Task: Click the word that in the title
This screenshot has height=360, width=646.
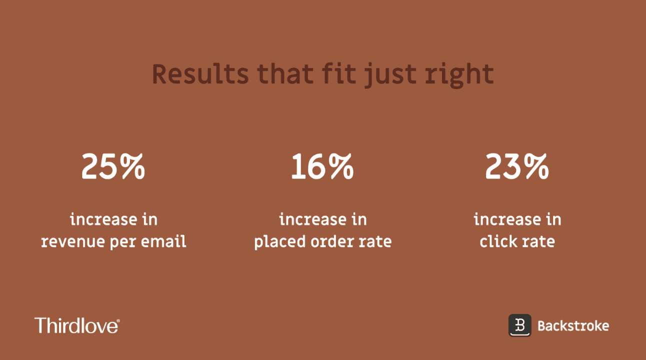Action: click(x=285, y=74)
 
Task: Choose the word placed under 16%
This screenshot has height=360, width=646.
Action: click(x=279, y=242)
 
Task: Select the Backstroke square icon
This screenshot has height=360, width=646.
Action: click(x=520, y=325)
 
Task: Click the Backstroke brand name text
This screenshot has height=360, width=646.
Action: click(x=573, y=326)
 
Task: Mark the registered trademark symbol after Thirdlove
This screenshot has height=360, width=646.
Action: click(x=118, y=319)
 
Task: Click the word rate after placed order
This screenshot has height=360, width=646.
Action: click(x=377, y=242)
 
